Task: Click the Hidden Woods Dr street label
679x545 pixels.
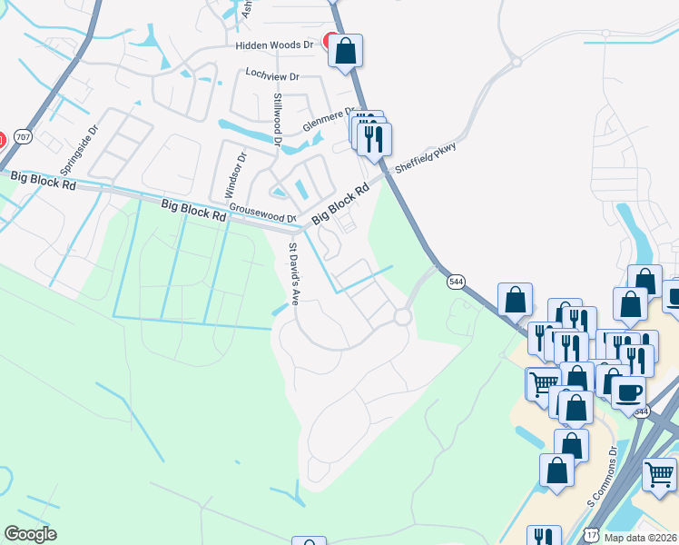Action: (x=273, y=45)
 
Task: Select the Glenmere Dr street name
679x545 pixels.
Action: (x=325, y=118)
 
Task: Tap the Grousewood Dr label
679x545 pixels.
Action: (x=262, y=213)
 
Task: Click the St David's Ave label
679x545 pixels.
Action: (x=293, y=272)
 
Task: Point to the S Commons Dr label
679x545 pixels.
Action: (x=601, y=477)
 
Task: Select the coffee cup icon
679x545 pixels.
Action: (x=628, y=391)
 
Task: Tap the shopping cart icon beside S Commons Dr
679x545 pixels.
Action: (x=659, y=474)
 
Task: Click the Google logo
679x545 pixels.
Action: (x=30, y=534)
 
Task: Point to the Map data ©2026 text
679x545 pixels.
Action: (x=640, y=537)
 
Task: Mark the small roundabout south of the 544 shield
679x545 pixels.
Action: (x=401, y=317)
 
